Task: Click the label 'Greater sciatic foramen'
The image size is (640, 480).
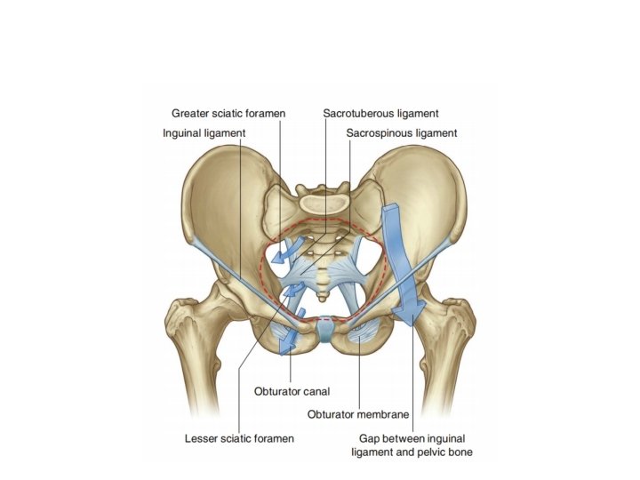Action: (x=226, y=114)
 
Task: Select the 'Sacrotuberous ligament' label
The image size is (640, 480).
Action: (x=381, y=114)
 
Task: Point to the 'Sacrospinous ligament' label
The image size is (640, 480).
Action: (x=402, y=133)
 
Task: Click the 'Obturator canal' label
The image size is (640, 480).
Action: (x=290, y=391)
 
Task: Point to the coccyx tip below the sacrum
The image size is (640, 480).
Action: (x=326, y=293)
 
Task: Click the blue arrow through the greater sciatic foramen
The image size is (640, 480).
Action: (x=287, y=252)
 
